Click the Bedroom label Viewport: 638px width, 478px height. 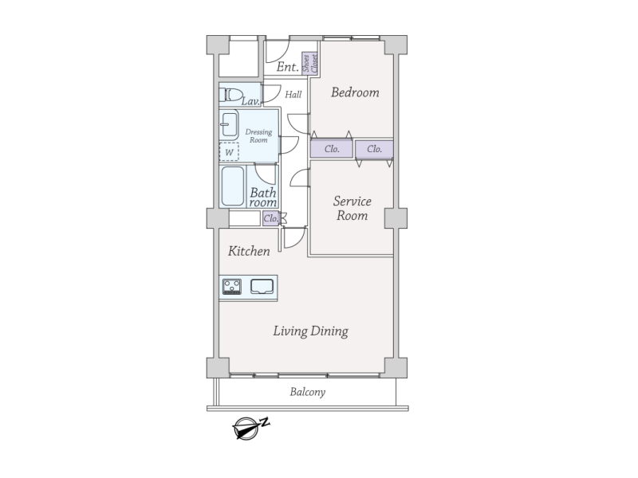[x=355, y=92]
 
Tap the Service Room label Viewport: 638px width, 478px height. [x=352, y=208]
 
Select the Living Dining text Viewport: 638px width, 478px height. [x=310, y=331]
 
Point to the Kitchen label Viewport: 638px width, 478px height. [x=249, y=251]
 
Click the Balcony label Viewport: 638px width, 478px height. [x=308, y=392]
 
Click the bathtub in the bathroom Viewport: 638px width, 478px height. [x=233, y=186]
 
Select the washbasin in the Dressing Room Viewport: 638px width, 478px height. [x=229, y=125]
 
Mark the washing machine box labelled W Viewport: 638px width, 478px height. [x=229, y=152]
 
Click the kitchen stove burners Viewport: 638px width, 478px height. [x=232, y=287]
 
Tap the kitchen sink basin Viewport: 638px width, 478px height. [x=262, y=287]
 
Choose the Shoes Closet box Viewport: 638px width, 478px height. [x=309, y=64]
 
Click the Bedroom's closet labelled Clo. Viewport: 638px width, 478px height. [x=332, y=149]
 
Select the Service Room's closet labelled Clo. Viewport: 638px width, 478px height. [x=374, y=149]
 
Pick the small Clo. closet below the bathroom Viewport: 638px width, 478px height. [x=270, y=218]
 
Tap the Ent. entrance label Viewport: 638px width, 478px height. [x=288, y=67]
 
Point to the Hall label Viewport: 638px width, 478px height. [x=293, y=95]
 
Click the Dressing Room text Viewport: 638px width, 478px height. [x=258, y=135]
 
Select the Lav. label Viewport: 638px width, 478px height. [x=250, y=101]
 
